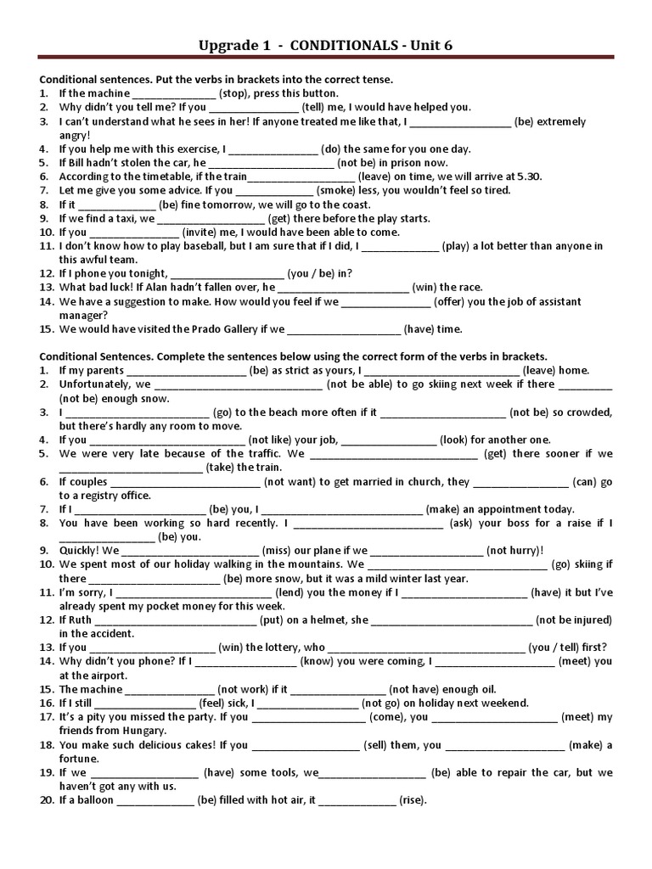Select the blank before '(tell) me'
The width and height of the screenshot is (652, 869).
pyautogui.click(x=254, y=108)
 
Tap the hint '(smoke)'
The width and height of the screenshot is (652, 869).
pyautogui.click(x=340, y=190)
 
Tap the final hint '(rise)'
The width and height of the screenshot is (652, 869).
pyautogui.click(x=413, y=800)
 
